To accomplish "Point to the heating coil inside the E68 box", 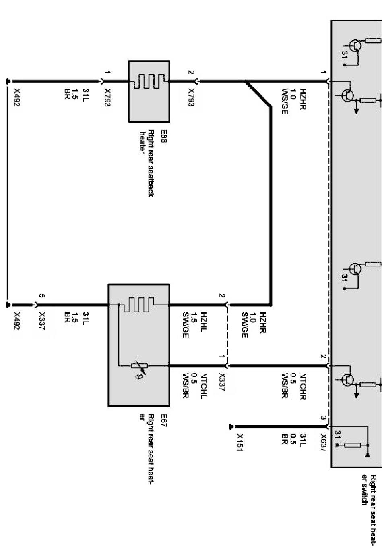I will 149,81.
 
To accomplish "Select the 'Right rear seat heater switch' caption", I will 369,510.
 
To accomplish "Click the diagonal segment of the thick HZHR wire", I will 258,93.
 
